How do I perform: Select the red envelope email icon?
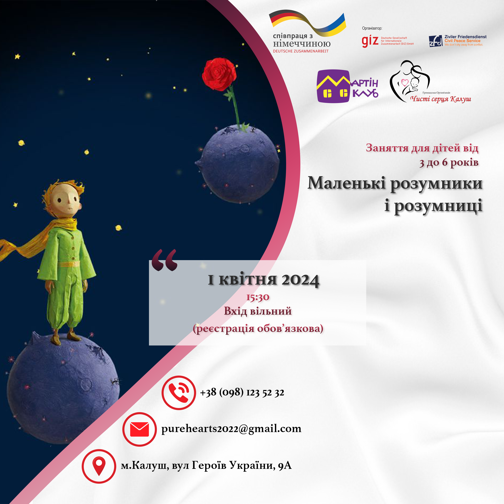pos(140,429)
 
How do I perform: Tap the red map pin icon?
pos(99,466)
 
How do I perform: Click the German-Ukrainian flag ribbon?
pos(307,24)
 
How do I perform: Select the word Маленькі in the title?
pos(347,183)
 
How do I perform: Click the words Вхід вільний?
pos(258,311)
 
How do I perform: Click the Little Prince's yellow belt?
pos(69,264)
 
